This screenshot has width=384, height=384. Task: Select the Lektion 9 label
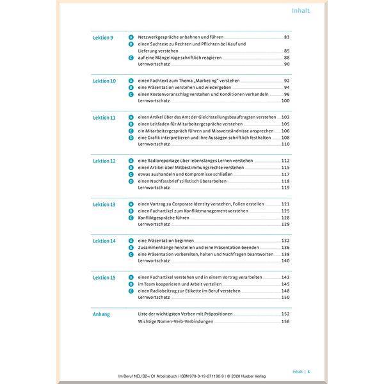pyautogui.click(x=103, y=38)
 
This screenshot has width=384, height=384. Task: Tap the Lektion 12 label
pyautogui.click(x=104, y=161)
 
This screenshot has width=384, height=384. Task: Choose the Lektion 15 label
pyautogui.click(x=104, y=277)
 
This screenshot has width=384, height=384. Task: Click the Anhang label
pyautogui.click(x=101, y=314)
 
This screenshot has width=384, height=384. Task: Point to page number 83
pyautogui.click(x=287, y=38)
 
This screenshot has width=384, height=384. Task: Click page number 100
pyautogui.click(x=285, y=100)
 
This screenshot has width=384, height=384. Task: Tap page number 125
pyautogui.click(x=285, y=211)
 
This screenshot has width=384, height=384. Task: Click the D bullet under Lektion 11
pyautogui.click(x=131, y=138)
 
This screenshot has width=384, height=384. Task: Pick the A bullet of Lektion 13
pyautogui.click(x=131, y=204)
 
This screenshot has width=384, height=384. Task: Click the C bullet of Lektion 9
pyautogui.click(x=131, y=58)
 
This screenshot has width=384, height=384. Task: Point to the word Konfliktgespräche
pyautogui.click(x=158, y=218)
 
